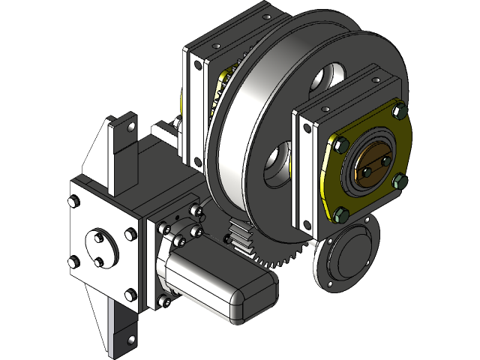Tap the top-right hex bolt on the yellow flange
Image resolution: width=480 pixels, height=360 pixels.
(400, 112)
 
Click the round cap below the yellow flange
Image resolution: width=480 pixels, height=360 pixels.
(348, 254)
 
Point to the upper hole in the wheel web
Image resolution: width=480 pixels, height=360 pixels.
(328, 78)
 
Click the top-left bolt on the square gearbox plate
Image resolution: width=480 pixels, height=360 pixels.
(73, 201)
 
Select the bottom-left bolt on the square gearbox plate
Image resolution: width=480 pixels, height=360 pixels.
(73, 262)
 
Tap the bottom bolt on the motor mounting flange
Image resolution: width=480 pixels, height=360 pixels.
(163, 301)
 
